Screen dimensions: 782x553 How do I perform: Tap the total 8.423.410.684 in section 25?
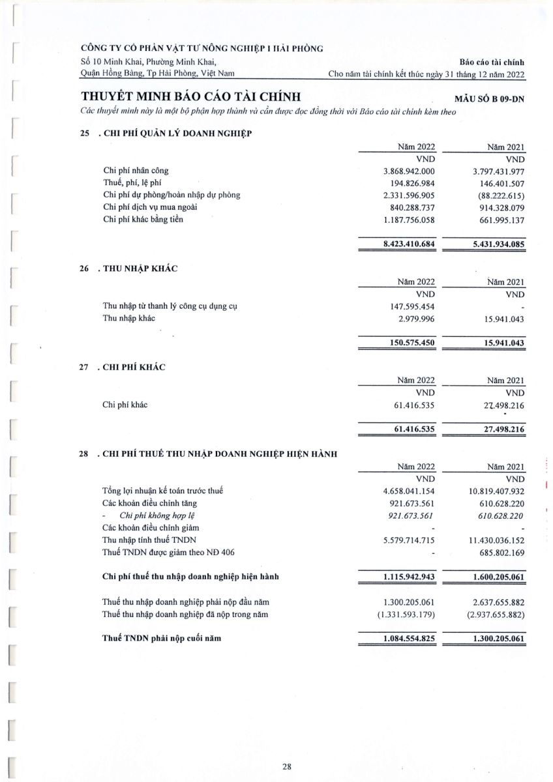(409, 244)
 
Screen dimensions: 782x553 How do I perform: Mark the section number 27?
(84, 367)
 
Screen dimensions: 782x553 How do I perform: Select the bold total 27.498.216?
(498, 429)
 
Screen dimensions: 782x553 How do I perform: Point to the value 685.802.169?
(498, 553)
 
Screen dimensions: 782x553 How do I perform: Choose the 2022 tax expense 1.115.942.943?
(409, 577)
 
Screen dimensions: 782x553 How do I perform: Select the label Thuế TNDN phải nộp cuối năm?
(162, 639)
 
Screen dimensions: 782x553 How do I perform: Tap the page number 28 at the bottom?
(287, 766)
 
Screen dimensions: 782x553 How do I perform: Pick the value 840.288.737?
(411, 207)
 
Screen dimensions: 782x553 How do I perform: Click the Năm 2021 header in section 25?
(506, 147)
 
